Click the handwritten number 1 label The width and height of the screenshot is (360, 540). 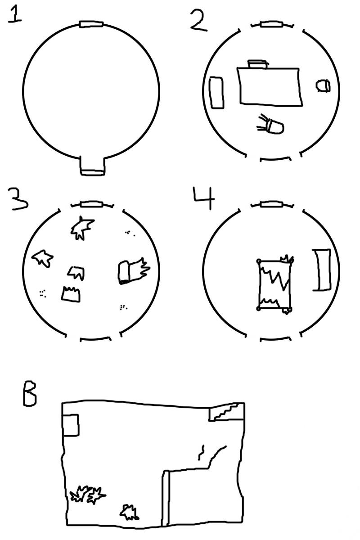(15, 15)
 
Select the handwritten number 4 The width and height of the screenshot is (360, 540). (204, 198)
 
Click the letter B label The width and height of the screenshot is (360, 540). (30, 393)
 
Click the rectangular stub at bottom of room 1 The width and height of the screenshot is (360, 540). (92, 166)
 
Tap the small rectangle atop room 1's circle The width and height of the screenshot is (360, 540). (91, 24)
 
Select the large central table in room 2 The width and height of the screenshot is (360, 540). (270, 87)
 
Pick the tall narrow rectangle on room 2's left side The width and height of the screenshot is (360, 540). (216, 93)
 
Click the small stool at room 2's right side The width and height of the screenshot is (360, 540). (323, 85)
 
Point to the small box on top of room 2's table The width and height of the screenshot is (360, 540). (258, 64)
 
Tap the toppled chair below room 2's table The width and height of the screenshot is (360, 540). (270, 124)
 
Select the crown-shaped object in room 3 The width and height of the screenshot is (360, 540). (71, 293)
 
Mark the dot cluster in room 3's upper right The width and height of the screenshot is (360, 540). (130, 233)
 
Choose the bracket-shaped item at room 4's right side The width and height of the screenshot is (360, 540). (322, 270)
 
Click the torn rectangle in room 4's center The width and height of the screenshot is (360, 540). (274, 284)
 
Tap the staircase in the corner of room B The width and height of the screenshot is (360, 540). (226, 412)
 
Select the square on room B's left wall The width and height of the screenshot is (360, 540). (70, 425)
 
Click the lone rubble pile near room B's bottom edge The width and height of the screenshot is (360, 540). (130, 512)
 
